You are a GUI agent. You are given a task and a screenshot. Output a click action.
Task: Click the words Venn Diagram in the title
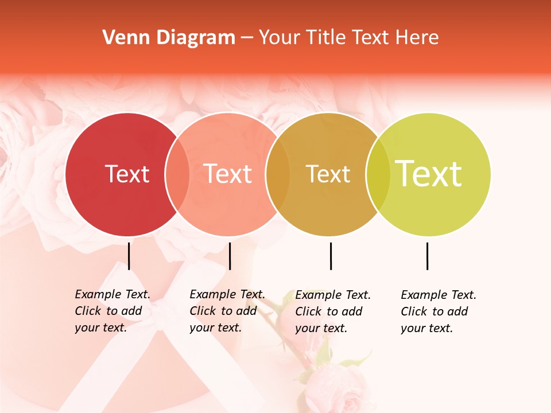[x=169, y=38]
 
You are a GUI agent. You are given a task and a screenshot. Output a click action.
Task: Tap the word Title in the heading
[x=325, y=38]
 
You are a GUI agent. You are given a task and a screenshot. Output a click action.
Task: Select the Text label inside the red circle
[x=127, y=174]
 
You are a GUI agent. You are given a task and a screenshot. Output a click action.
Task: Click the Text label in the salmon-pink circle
[x=228, y=174]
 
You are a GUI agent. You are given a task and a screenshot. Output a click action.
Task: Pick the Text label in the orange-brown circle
[x=328, y=174]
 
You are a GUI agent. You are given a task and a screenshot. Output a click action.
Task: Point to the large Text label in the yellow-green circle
[x=428, y=173]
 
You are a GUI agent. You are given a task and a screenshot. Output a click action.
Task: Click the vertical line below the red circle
[x=129, y=256]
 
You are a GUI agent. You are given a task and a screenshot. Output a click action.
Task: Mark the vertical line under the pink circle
[x=230, y=256]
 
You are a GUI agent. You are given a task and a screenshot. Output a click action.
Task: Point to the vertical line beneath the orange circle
[x=331, y=256]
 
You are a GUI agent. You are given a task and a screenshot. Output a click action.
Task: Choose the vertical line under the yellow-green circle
[x=427, y=256]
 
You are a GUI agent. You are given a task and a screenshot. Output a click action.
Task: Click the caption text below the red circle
[x=112, y=311]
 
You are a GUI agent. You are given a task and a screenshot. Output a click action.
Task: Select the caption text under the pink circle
[x=227, y=311]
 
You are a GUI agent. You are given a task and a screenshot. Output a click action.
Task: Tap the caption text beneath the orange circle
[x=333, y=311]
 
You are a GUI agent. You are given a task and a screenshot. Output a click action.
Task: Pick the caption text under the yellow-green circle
[x=439, y=311]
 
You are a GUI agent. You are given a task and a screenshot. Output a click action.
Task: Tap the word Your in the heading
[x=280, y=38]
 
